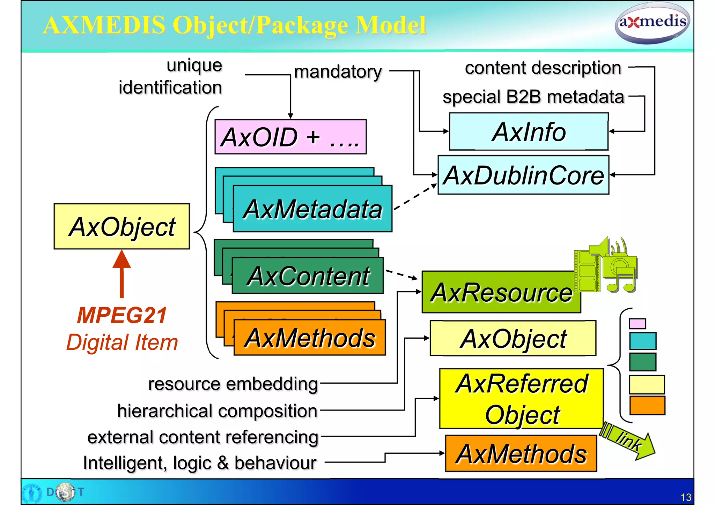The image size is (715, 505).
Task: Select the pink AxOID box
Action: point(290,137)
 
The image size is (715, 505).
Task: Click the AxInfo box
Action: point(529,132)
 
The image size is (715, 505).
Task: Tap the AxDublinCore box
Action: point(523,175)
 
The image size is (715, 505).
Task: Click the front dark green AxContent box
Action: point(308,276)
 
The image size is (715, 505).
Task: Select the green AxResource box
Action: point(501,292)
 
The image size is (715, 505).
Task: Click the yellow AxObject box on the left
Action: point(121,226)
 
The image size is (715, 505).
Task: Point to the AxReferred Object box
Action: point(521,398)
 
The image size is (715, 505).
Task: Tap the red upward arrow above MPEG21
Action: point(121,274)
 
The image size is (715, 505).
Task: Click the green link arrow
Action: point(628,442)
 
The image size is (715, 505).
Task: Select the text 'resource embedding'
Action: point(233,384)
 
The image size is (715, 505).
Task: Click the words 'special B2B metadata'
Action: point(533,97)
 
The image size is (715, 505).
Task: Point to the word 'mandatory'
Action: point(338,72)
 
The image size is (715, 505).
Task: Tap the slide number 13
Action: point(686,497)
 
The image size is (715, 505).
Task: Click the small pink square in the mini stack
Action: point(637,324)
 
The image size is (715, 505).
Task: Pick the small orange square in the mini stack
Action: point(647,405)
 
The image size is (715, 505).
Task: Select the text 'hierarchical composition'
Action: point(217,411)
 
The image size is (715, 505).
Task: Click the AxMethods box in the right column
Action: point(521,453)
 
